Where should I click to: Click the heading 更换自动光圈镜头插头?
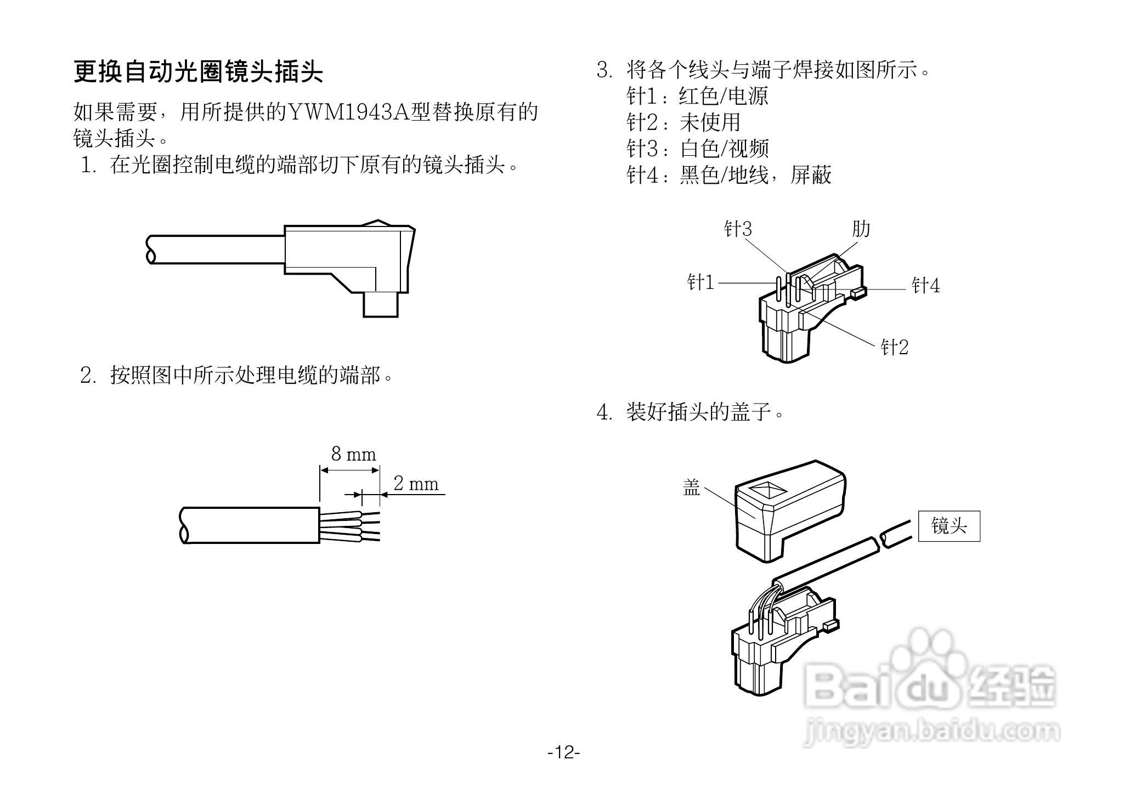tap(198, 71)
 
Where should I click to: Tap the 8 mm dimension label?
tap(353, 454)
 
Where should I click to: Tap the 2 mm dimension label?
tap(416, 484)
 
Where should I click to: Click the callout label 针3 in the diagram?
tap(738, 229)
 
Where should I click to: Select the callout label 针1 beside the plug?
tap(700, 283)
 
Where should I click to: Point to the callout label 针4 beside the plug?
tap(925, 286)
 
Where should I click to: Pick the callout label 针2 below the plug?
tap(894, 347)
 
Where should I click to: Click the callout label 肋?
tap(861, 229)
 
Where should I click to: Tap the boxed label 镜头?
tap(949, 526)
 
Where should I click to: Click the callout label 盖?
tap(691, 487)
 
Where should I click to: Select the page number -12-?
tap(564, 752)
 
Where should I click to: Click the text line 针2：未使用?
tap(683, 122)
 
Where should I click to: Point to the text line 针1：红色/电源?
tap(697, 96)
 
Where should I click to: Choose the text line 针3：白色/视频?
tap(698, 149)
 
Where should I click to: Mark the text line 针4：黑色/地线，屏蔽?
tap(729, 175)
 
